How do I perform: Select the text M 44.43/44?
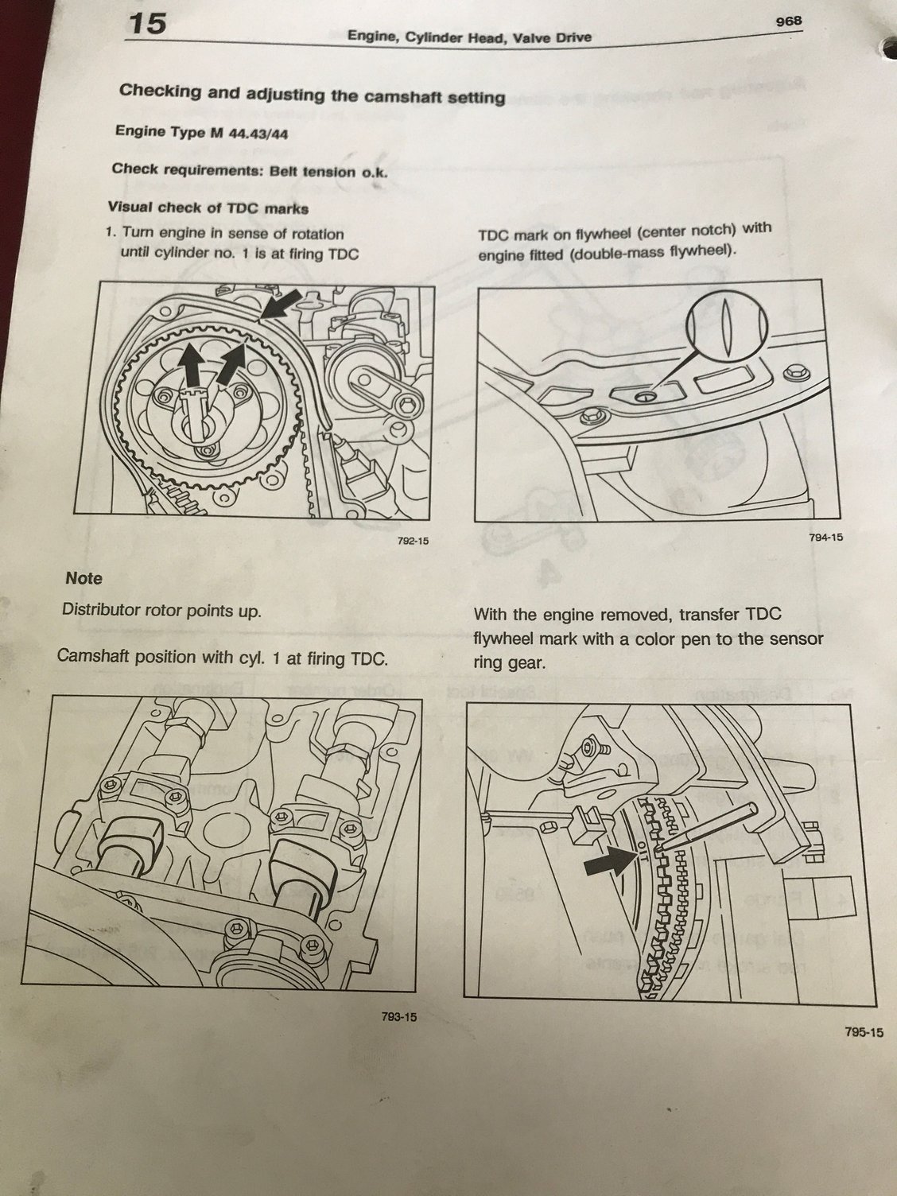[x=249, y=134]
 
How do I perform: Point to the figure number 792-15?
[x=413, y=541]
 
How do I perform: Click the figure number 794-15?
[x=826, y=538]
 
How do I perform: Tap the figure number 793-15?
[x=399, y=1015]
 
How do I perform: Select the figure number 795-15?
[x=865, y=1033]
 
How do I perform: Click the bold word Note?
[x=84, y=578]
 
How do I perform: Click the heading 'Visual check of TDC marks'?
[x=208, y=208]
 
